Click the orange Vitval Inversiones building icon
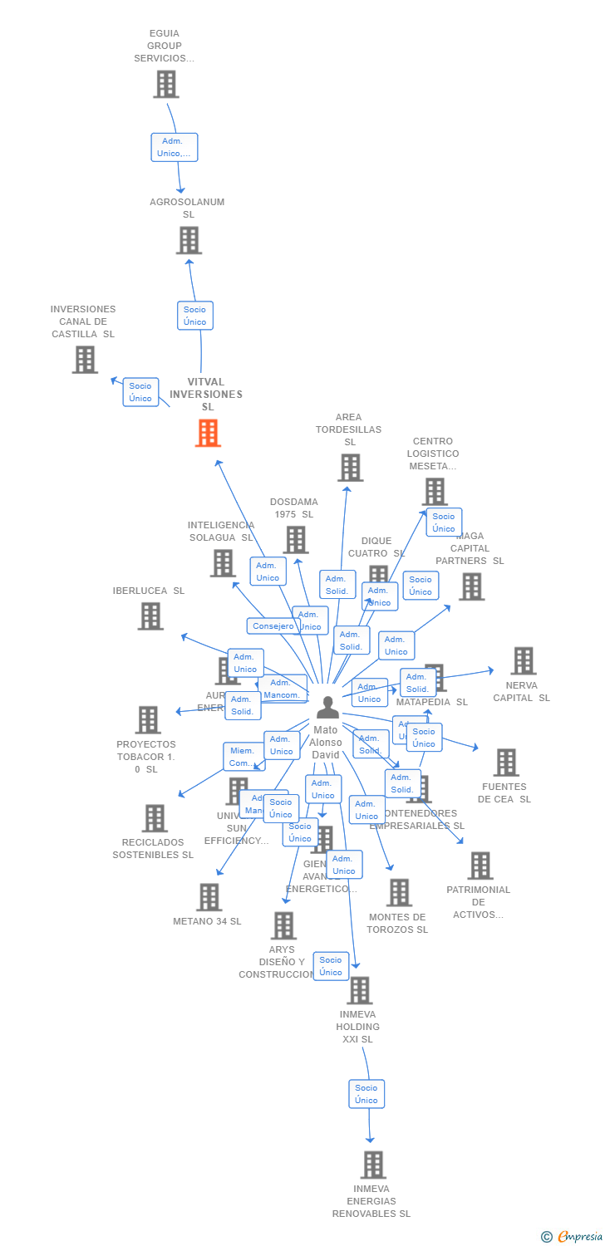point(208,433)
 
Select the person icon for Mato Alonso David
point(327,707)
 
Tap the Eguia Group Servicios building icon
point(166,84)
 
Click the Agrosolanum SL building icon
point(189,240)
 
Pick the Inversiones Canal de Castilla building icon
point(85,360)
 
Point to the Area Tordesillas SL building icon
point(350,468)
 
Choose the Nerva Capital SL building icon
point(523,660)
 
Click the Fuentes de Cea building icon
point(505,762)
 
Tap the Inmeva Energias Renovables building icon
point(373,1165)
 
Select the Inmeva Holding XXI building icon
point(359,990)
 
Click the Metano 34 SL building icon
point(209,897)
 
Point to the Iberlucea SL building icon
point(150,616)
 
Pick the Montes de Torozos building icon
point(399,893)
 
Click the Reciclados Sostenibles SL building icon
point(155,818)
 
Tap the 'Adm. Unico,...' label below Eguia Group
point(175,147)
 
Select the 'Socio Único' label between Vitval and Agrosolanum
point(195,316)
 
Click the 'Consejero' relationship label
point(273,626)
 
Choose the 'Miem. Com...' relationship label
point(242,757)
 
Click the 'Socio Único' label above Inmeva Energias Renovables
point(366,1094)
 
